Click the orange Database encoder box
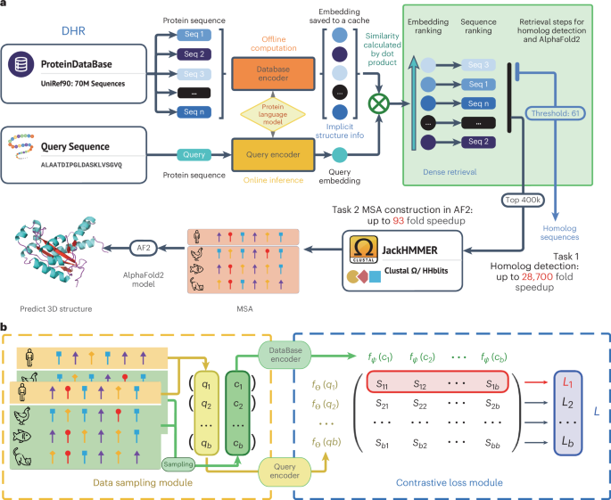pyautogui.click(x=273, y=74)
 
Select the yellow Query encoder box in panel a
pyautogui.click(x=273, y=154)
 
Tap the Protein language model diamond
pyautogui.click(x=273, y=114)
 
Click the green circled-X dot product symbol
pyautogui.click(x=379, y=103)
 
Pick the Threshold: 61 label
pyautogui.click(x=556, y=114)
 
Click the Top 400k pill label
pyautogui.click(x=523, y=201)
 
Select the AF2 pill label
pyautogui.click(x=144, y=248)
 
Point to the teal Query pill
pyautogui.click(x=194, y=154)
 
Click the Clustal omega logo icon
pyautogui.click(x=363, y=250)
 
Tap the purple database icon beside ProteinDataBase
pyautogui.click(x=21, y=65)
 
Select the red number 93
pyautogui.click(x=399, y=221)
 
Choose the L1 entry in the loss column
pyautogui.click(x=567, y=383)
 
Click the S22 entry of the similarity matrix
pyautogui.click(x=420, y=404)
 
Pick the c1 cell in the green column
pyautogui.click(x=238, y=385)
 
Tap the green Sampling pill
pyautogui.click(x=178, y=464)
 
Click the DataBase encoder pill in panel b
pyautogui.click(x=285, y=355)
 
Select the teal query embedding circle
pyautogui.click(x=340, y=155)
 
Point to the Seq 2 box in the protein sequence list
pyautogui.click(x=194, y=54)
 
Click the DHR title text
pyautogui.click(x=73, y=31)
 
